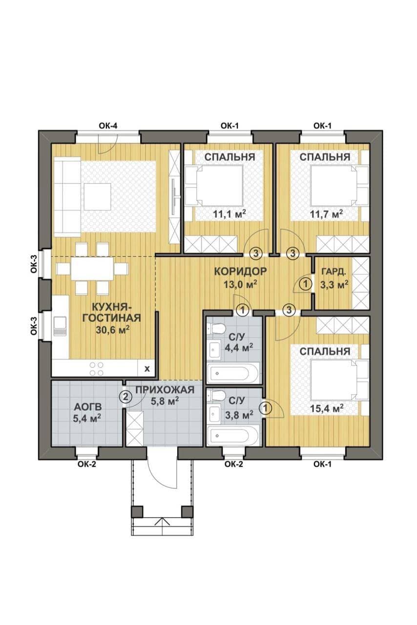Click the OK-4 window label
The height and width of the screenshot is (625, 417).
pyautogui.click(x=108, y=126)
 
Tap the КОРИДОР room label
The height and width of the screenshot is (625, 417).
pyautogui.click(x=240, y=271)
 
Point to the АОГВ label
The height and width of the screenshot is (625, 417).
pyautogui.click(x=87, y=407)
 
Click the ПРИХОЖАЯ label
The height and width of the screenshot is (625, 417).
pyautogui.click(x=165, y=390)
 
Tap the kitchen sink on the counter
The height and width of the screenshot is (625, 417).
pyautogui.click(x=60, y=326)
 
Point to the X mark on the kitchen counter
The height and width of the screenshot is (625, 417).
pyautogui.click(x=147, y=369)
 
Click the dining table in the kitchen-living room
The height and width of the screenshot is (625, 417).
pyautogui.click(x=92, y=269)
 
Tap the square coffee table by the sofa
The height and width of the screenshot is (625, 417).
pyautogui.click(x=97, y=197)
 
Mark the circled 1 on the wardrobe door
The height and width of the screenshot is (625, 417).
pyautogui.click(x=306, y=285)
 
